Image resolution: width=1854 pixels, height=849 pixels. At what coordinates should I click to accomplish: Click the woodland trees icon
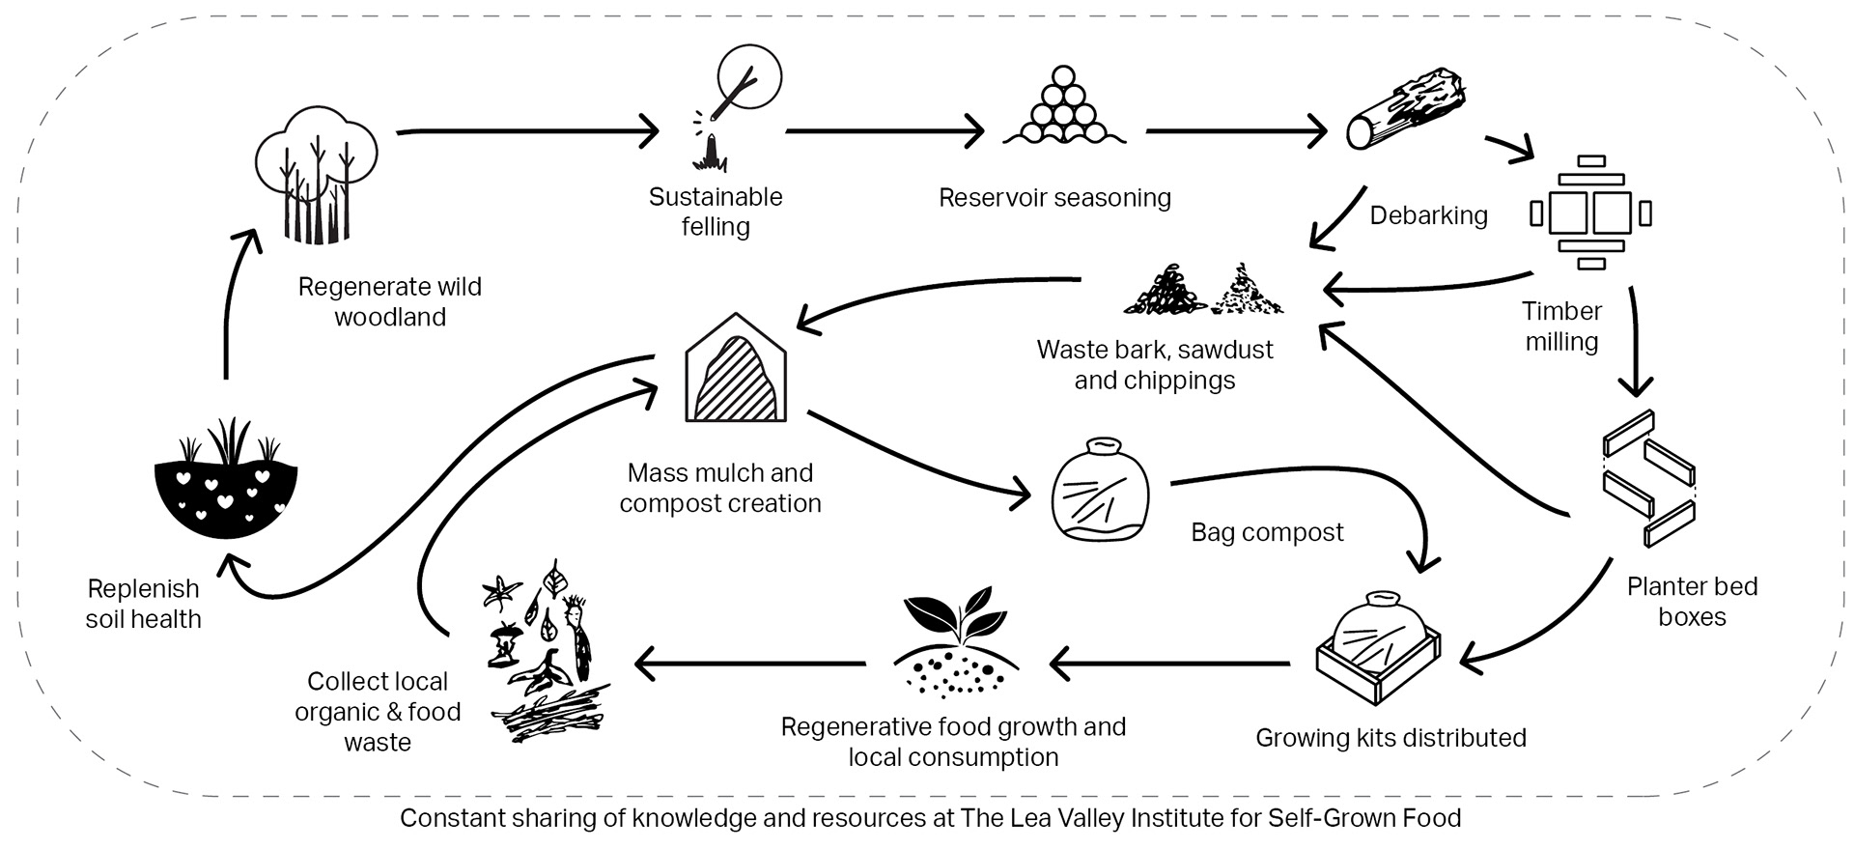[x=316, y=174]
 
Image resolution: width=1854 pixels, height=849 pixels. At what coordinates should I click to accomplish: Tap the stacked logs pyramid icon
[x=1063, y=108]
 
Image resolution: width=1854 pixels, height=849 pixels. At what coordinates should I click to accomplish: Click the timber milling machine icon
[x=1591, y=212]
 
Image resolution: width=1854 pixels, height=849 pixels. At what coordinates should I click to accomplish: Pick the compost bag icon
[x=1100, y=490]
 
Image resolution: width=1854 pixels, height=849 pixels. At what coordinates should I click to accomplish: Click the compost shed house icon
[x=736, y=369]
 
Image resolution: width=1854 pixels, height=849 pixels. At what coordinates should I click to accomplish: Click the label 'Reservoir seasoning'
[x=1054, y=198]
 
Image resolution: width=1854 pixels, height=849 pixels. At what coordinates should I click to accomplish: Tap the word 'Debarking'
[x=1428, y=215]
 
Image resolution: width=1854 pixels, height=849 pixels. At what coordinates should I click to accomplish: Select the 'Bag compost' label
[x=1267, y=532]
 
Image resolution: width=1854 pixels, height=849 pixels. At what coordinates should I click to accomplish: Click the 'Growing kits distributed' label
[x=1390, y=738]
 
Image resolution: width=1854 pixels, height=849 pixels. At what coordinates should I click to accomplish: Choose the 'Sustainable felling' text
[x=716, y=212]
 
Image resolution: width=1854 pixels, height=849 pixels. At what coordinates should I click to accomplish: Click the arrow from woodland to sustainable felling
[x=526, y=130]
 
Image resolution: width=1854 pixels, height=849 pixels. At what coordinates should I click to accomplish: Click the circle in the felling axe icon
[x=750, y=73]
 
